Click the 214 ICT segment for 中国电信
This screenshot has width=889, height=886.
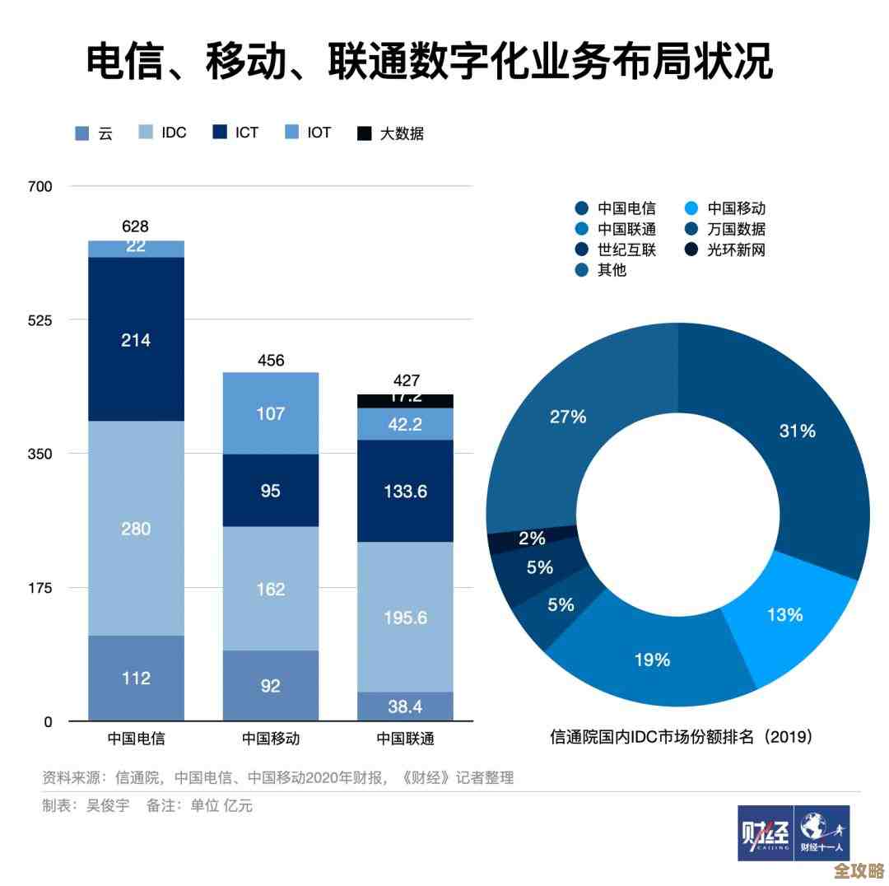(x=136, y=339)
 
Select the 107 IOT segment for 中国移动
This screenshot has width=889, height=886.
(x=271, y=413)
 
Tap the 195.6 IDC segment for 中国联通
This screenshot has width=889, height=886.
(x=405, y=617)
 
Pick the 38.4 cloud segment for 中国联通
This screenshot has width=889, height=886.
(x=405, y=706)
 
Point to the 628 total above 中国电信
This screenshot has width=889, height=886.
(x=136, y=226)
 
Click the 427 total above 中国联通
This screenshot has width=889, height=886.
(x=406, y=380)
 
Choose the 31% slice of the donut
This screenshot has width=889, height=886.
(x=797, y=430)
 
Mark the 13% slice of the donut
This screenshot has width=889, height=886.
(x=785, y=614)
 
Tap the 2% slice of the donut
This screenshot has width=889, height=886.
(x=532, y=539)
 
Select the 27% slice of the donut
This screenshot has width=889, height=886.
(x=568, y=417)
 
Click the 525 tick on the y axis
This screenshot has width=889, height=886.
(x=39, y=320)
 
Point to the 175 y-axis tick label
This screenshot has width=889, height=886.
(x=39, y=588)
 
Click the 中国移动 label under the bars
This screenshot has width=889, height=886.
(x=271, y=739)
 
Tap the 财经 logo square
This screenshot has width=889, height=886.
(x=765, y=832)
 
